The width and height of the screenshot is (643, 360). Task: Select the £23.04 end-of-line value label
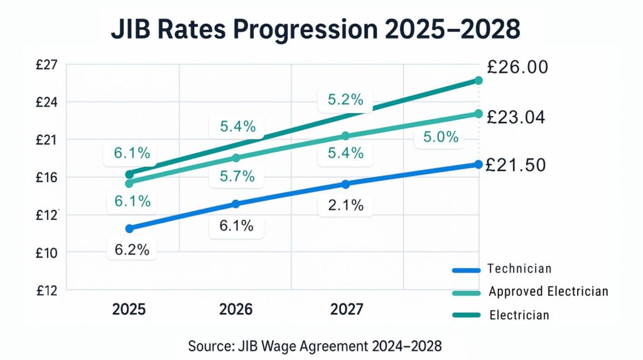(516, 117)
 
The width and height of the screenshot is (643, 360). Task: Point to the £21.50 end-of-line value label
(516, 165)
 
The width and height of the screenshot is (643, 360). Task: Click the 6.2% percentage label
(132, 249)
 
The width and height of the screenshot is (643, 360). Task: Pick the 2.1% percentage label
(346, 205)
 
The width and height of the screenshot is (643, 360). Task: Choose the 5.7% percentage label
(237, 177)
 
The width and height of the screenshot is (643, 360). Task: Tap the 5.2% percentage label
(345, 99)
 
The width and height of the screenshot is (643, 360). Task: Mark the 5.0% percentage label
(440, 137)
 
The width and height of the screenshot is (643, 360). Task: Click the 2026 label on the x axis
(236, 309)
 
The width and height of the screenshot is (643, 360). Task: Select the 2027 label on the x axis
(346, 309)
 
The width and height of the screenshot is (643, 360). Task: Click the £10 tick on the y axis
(48, 253)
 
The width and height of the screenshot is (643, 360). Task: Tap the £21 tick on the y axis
(48, 139)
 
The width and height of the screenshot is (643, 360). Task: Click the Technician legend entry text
(519, 269)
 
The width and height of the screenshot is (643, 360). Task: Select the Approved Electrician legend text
(548, 292)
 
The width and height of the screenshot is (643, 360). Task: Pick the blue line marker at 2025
(129, 229)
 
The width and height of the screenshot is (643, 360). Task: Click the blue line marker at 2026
(236, 204)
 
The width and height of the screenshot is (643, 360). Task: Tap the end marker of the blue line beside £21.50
(478, 165)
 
